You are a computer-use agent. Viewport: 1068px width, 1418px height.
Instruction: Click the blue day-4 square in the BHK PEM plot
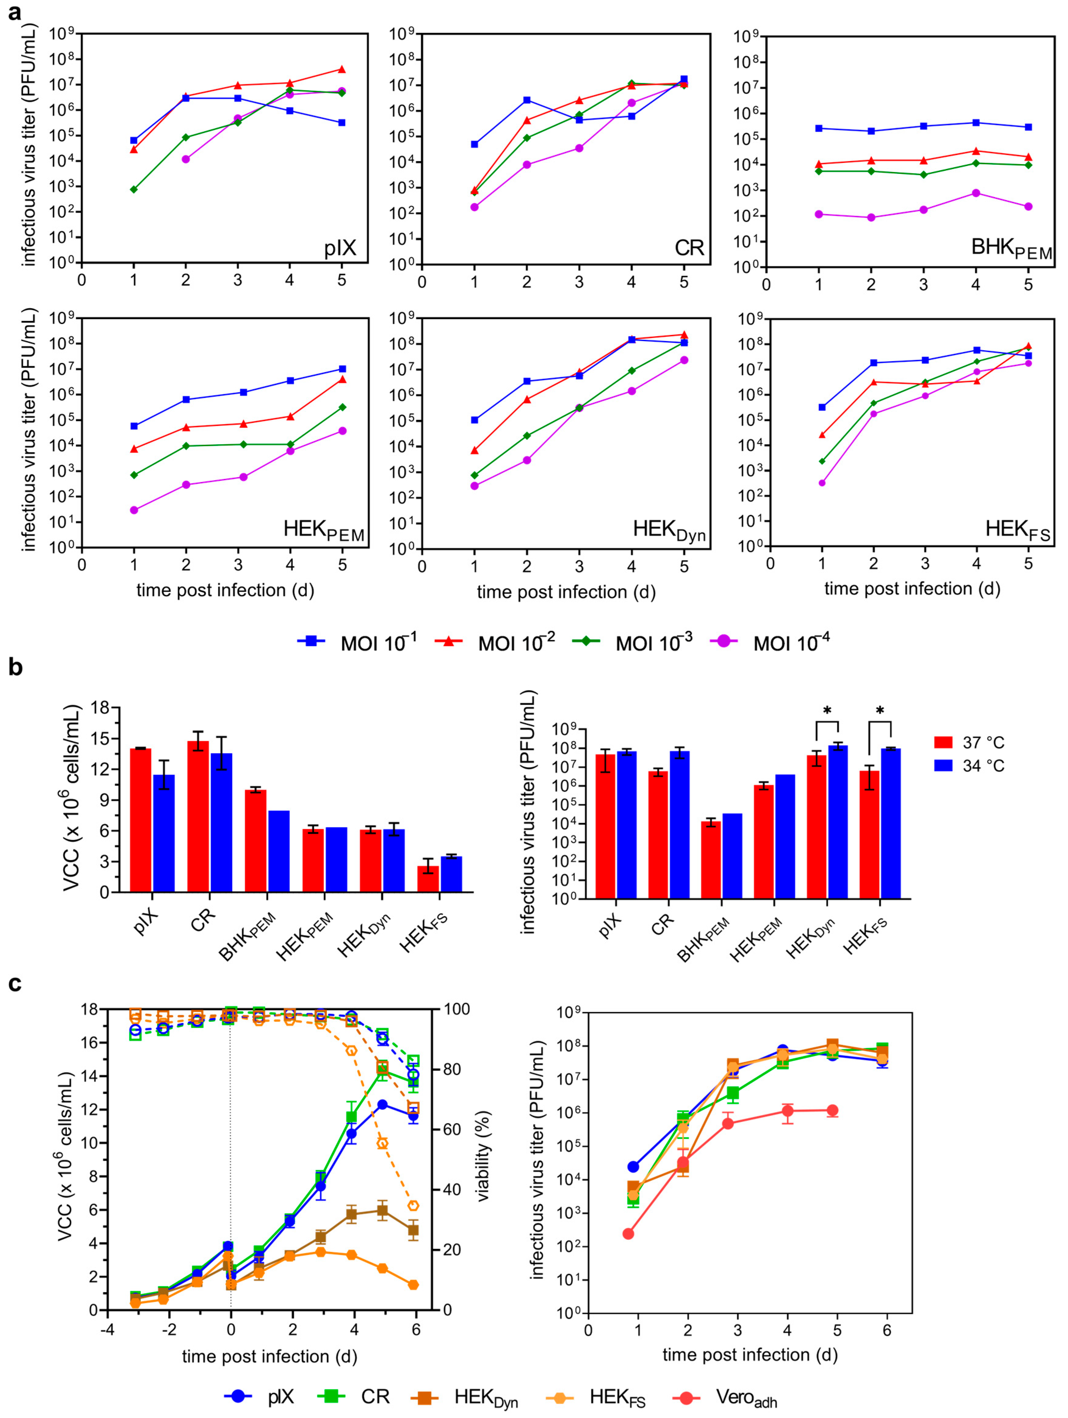coord(976,122)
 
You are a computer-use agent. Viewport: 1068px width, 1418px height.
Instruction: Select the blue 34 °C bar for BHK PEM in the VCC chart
coord(279,851)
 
